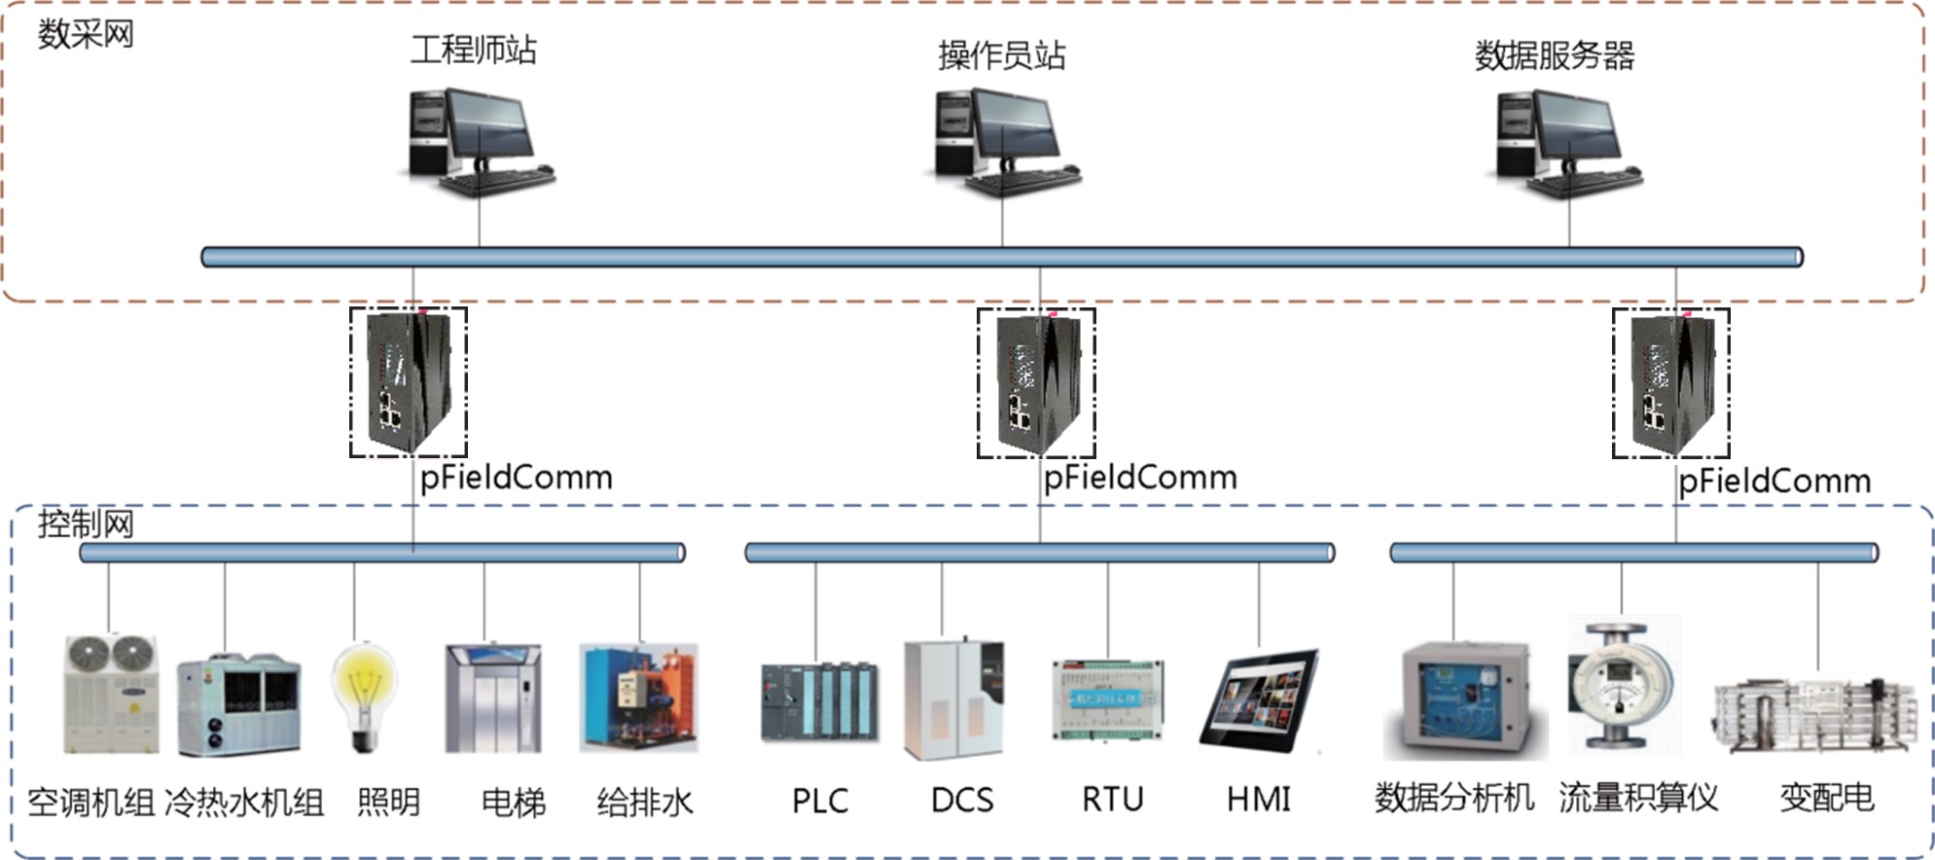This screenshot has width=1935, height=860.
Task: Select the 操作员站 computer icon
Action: point(1004,141)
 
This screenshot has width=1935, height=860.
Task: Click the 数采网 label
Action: point(86,35)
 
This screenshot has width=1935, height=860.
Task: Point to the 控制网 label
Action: point(86,524)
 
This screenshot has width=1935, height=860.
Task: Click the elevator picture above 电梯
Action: point(492,698)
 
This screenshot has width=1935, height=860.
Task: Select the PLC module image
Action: point(819,701)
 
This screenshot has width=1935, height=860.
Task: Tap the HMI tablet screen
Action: point(1259,698)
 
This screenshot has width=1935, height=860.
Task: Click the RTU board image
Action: point(1108,699)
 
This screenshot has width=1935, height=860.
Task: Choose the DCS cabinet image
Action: point(953,699)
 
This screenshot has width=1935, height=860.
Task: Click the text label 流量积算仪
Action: point(1638,799)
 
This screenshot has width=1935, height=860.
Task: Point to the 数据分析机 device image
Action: point(1465,699)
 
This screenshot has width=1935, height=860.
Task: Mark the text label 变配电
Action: point(1827,799)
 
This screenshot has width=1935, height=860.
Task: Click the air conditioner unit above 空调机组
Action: point(111,695)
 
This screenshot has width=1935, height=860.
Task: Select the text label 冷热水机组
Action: point(244,803)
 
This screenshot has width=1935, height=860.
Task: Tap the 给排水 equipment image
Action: point(639,698)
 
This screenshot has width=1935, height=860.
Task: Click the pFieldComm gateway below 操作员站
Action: point(1036,383)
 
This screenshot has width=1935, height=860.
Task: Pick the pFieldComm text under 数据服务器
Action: point(1774,482)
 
